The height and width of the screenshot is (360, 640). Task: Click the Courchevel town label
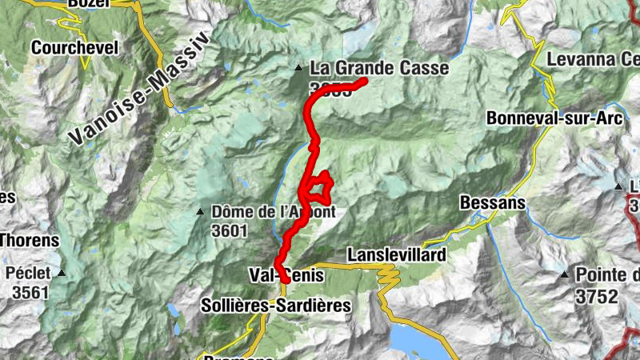74,48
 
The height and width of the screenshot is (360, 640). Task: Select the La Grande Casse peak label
379,69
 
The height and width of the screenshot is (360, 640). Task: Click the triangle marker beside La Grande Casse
298,68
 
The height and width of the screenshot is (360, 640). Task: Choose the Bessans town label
493,203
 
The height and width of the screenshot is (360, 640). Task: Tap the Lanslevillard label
395,254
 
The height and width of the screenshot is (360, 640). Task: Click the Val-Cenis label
287,275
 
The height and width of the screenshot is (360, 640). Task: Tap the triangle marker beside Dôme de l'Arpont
201,212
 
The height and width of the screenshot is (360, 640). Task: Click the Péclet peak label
28,274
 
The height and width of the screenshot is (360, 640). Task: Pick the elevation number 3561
30,292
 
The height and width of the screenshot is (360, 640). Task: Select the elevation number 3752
596,297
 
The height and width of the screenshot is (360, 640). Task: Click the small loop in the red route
320,186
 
